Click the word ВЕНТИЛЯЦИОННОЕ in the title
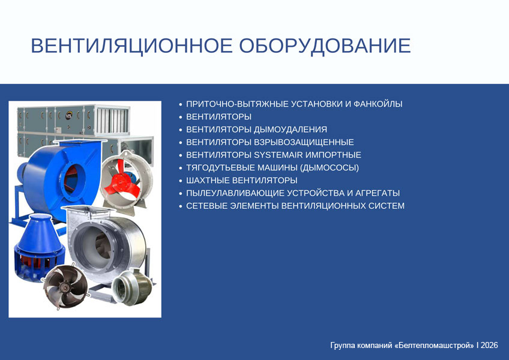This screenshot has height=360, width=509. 131,46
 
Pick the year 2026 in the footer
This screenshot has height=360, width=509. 489,345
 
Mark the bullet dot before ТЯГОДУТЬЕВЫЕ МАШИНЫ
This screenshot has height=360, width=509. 181,168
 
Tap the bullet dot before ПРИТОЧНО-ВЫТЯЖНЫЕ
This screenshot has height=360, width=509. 181,104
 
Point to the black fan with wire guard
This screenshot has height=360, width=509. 65,287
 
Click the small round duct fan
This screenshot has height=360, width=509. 132,287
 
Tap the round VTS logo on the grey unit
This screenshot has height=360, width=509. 69,116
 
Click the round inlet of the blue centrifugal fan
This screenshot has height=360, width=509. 73,179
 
